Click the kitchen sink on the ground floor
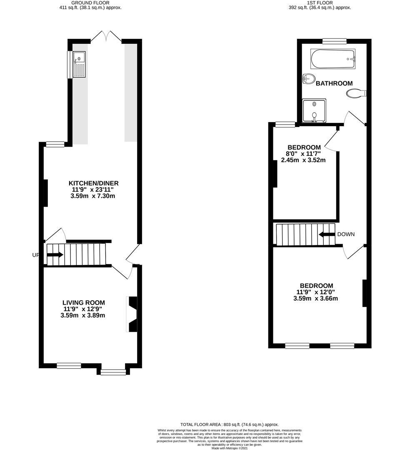pos(79,64)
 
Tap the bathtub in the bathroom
pos(333,59)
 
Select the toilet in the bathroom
pos(356,94)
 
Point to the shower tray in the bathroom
pos(314,110)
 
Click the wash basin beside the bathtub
pos(309,78)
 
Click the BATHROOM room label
pos(334,83)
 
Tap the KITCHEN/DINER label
pos(93,183)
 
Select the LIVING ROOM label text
pos(83,302)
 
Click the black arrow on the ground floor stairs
pos(55,255)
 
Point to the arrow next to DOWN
pos(327,234)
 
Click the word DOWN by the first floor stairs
pos(346,234)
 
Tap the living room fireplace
pos(132,314)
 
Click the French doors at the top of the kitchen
pos(106,36)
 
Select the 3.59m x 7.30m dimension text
pos(92,196)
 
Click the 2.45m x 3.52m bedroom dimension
pos(303,160)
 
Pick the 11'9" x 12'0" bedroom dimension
pos(315,292)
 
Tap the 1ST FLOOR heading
pos(320,3)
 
